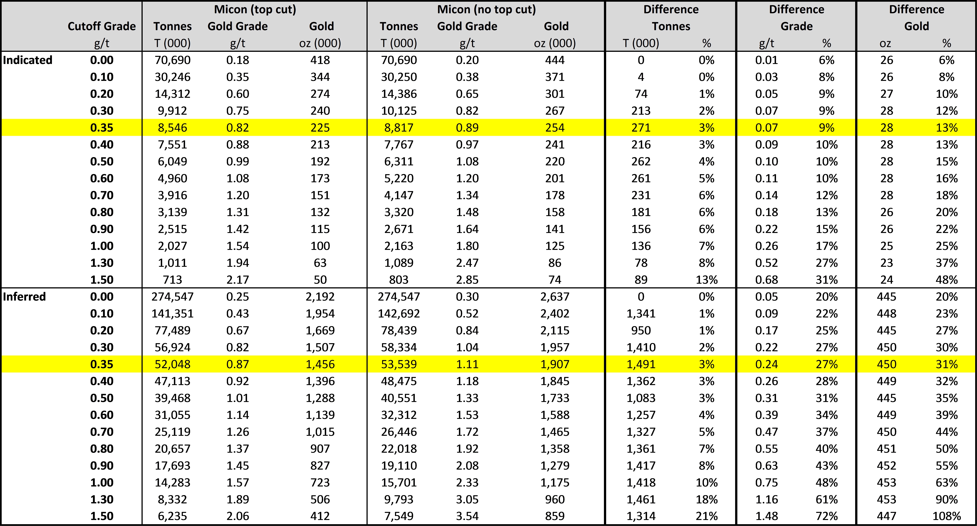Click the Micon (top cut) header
pos(255,9)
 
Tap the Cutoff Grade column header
pos(102,26)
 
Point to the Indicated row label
pos(27,60)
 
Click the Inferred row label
pos(24,296)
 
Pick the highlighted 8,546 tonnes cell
pos(173,128)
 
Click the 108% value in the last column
pos(947,516)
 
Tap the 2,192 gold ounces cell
pos(320,296)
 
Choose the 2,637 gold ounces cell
pos(555,296)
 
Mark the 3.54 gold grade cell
pos(467,516)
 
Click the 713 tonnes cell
pos(173,280)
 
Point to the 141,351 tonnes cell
pos(173,313)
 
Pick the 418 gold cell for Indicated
pos(320,60)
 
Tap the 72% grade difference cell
pos(827,516)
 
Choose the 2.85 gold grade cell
pos(467,280)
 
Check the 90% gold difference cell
pos(947,499)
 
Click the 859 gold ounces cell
pos(555,516)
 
